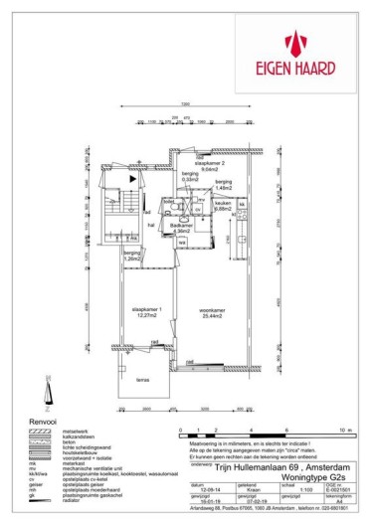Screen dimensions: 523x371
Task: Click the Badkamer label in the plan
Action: pos(181,228)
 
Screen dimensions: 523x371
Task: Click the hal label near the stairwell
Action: pos(151,225)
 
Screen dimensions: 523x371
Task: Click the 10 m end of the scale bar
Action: pos(341,431)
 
